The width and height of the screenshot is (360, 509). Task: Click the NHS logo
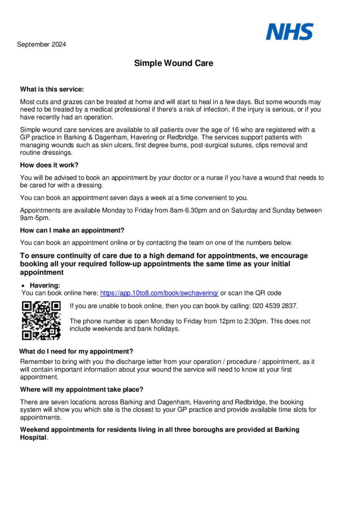click(289, 32)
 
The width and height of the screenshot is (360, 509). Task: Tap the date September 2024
click(41, 44)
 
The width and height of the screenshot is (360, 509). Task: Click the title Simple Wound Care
click(174, 64)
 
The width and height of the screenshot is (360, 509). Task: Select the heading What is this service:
click(52, 89)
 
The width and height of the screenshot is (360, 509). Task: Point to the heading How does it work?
click(49, 165)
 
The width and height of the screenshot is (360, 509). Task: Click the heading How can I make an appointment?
click(72, 230)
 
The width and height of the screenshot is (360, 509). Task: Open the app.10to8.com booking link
click(159, 293)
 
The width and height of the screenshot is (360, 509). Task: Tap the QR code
click(41, 321)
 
